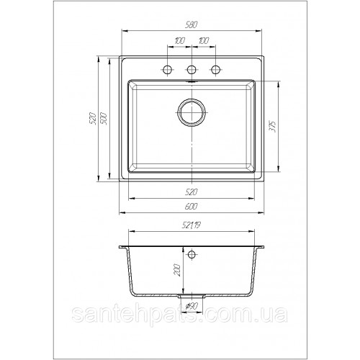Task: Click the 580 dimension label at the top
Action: (x=192, y=25)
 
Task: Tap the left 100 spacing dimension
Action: (x=179, y=41)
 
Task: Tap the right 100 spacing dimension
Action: (x=204, y=41)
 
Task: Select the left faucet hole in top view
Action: (x=167, y=70)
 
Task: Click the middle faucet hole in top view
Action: (x=192, y=70)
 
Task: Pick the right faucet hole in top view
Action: (x=215, y=70)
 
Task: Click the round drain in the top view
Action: (x=192, y=112)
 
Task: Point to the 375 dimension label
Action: (x=273, y=127)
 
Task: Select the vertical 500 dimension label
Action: (x=104, y=118)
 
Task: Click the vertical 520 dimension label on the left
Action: (x=93, y=118)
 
